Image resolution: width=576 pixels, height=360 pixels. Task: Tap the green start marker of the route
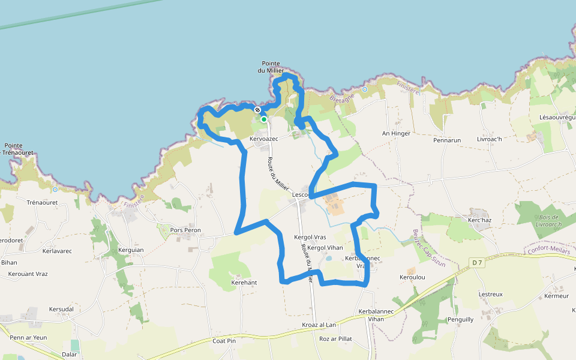(263, 119)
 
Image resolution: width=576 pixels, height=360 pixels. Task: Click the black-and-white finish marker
(257, 110)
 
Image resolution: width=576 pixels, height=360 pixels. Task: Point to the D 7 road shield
(477, 262)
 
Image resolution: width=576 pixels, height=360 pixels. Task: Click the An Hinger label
(396, 133)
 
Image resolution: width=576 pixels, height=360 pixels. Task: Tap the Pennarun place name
(447, 140)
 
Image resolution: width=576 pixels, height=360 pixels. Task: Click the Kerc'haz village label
(479, 220)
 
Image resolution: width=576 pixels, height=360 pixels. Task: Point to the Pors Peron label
(185, 230)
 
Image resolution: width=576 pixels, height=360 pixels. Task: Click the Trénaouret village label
(41, 203)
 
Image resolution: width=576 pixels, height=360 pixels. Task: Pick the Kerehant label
(244, 282)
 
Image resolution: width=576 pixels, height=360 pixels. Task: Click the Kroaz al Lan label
(319, 325)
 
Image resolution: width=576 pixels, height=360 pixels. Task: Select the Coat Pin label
(224, 341)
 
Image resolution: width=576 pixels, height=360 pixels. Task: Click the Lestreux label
(491, 294)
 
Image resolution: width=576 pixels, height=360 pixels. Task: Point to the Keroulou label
(412, 277)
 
